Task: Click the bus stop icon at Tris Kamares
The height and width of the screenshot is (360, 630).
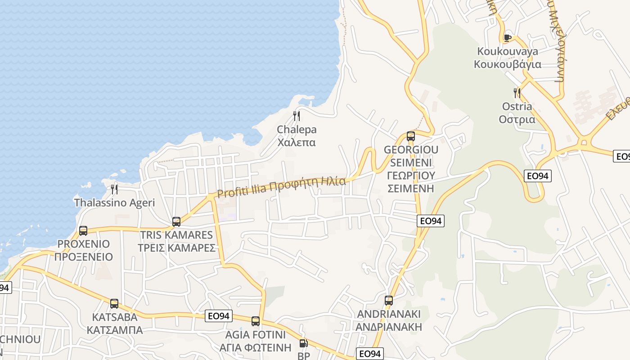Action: pos(176,221)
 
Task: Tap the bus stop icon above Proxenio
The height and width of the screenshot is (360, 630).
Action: pos(83,231)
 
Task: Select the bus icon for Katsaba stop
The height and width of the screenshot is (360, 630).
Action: pos(114,303)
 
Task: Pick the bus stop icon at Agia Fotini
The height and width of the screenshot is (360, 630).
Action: pos(256,321)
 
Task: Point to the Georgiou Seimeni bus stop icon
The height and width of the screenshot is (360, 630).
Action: pos(410,136)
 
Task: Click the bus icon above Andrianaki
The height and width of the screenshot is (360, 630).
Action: pos(389,300)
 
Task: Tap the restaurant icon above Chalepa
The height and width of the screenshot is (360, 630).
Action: pos(296,116)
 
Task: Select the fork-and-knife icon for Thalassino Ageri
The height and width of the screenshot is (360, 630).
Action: pos(114,189)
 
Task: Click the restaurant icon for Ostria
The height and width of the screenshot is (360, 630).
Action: pos(517,93)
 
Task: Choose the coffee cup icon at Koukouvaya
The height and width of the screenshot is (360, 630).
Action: pos(508,37)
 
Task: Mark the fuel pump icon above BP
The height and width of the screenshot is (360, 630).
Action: pos(304,344)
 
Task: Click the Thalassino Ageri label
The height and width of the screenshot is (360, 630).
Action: pos(114,202)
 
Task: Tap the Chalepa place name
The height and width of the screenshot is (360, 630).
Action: pos(297,136)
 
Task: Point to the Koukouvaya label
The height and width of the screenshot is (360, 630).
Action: pos(508,58)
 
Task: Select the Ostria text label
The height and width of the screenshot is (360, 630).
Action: pos(517,113)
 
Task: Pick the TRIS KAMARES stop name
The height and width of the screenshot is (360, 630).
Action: pos(176,241)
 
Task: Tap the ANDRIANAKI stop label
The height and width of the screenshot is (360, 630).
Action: pos(389,320)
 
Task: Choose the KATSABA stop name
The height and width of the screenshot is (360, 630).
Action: pos(114,323)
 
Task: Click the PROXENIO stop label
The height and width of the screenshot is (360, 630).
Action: pos(83,251)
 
